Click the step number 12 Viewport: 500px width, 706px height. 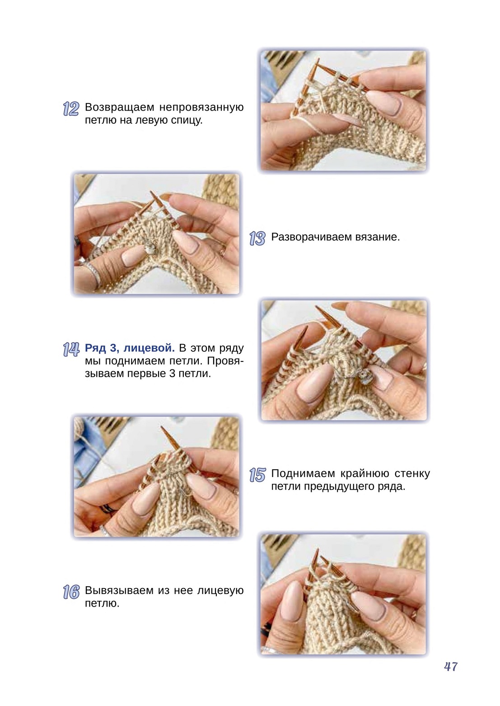tap(71, 109)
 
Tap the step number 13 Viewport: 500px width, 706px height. tap(257, 238)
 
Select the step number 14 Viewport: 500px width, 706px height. tap(71, 350)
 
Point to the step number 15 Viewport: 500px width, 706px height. tap(257, 475)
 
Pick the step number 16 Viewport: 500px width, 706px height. tap(71, 592)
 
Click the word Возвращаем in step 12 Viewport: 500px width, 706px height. tap(120, 108)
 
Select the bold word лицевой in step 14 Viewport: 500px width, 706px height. tap(149, 348)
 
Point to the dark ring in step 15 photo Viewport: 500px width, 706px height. tap(108, 508)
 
